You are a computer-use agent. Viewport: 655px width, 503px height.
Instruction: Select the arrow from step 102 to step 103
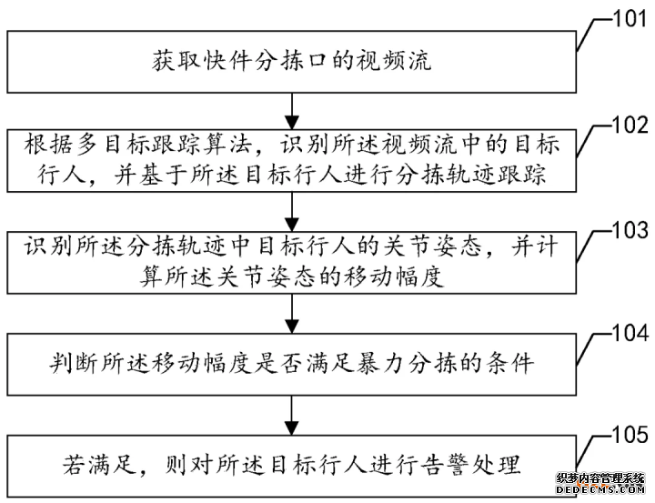tap(291, 213)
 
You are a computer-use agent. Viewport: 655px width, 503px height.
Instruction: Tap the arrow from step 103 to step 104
tap(291, 316)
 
